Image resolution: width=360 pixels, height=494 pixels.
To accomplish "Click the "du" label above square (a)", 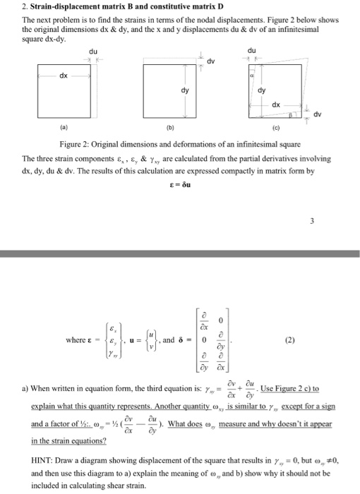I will pyautogui.click(x=93, y=51).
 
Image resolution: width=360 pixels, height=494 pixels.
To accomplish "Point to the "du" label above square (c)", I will pyautogui.click(x=253, y=51).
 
